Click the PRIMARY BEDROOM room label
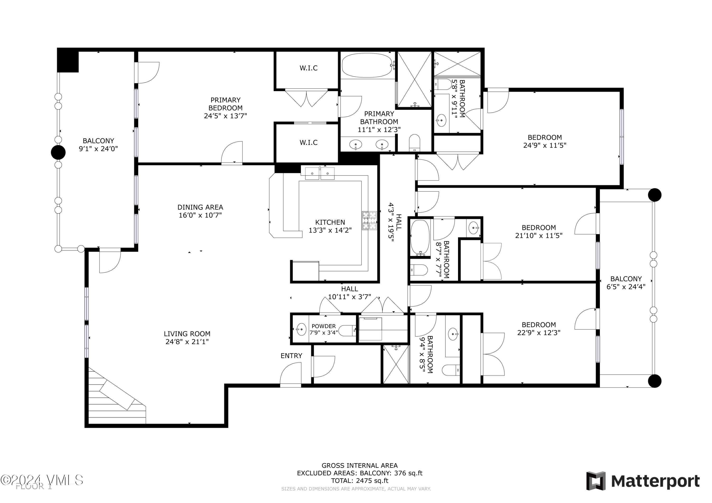click(x=225, y=104)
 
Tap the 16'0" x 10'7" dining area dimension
click(x=200, y=215)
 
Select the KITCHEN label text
click(x=330, y=222)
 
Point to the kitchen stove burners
click(x=369, y=221)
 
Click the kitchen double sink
click(x=320, y=173)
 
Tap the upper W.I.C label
click(x=308, y=68)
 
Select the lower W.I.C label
click(x=308, y=143)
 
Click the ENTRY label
click(x=291, y=356)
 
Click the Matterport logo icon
click(x=596, y=481)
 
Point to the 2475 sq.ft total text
click(x=360, y=481)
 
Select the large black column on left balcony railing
click(x=58, y=152)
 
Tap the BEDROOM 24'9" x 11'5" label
click(x=544, y=141)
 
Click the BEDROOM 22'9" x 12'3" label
click(x=539, y=328)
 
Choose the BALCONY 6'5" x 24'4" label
click(x=626, y=283)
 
